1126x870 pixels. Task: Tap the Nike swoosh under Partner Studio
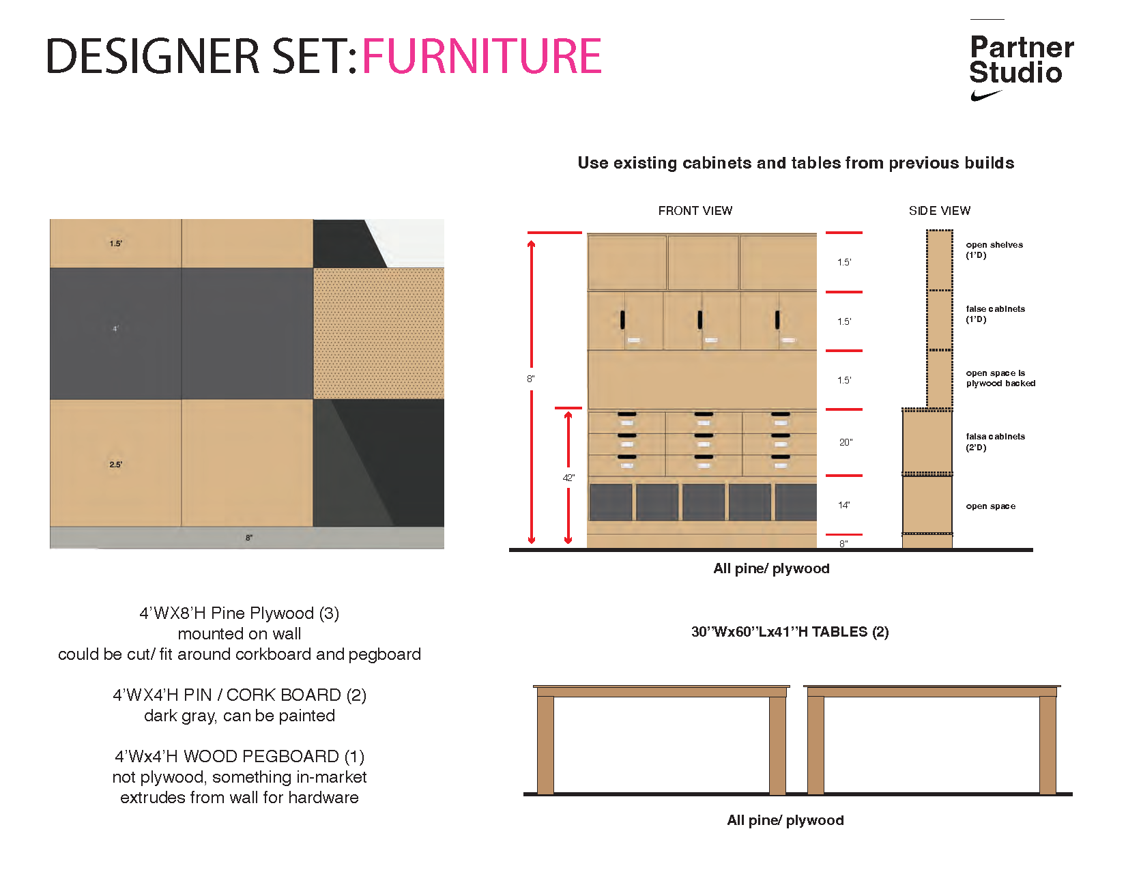click(x=985, y=96)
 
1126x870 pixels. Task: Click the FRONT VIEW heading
click(x=695, y=211)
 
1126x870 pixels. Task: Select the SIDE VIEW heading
click(x=939, y=211)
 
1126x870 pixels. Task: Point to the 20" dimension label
click(x=846, y=442)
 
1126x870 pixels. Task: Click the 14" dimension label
click(x=844, y=505)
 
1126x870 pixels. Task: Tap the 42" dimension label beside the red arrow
click(x=568, y=478)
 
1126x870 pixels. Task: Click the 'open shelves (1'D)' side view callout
click(x=994, y=250)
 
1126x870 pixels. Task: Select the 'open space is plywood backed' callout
click(x=1000, y=378)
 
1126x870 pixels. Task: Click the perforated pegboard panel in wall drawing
click(x=379, y=333)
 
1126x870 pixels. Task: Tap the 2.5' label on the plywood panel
click(x=116, y=465)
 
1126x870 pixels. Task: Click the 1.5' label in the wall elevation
click(x=116, y=244)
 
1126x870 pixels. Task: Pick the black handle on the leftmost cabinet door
click(x=622, y=319)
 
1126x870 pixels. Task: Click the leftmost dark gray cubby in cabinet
click(x=610, y=502)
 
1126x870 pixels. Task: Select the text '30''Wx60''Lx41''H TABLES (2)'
click(x=790, y=632)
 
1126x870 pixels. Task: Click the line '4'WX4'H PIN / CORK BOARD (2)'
click(x=240, y=695)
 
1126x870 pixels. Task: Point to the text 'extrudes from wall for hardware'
click(x=240, y=797)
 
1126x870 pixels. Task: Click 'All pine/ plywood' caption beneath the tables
click(x=785, y=820)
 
